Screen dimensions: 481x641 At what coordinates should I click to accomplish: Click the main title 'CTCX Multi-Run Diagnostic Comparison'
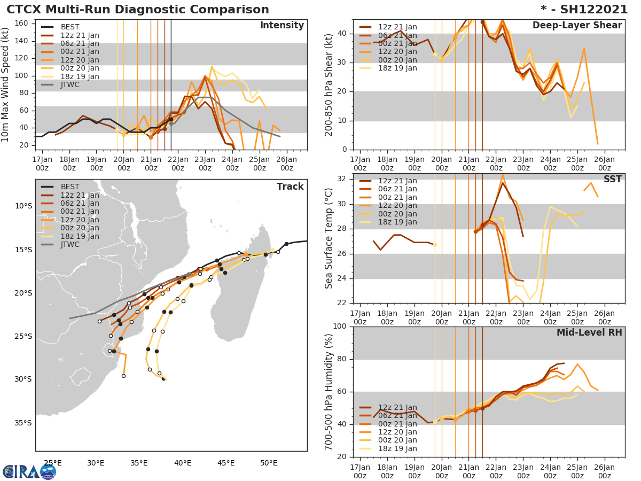[138, 10]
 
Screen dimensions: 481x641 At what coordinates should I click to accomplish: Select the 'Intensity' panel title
[282, 26]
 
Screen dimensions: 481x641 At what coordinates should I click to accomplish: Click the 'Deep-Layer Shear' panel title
[577, 26]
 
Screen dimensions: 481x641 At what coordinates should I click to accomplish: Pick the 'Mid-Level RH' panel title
[589, 332]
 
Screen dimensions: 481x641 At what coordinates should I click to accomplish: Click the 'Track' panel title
[290, 187]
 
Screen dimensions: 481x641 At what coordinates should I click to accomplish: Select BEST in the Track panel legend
[70, 187]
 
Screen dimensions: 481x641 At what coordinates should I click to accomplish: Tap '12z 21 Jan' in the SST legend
[398, 181]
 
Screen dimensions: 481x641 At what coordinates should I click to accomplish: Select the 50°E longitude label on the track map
[269, 463]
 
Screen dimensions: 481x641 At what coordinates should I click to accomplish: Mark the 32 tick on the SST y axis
[342, 179]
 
